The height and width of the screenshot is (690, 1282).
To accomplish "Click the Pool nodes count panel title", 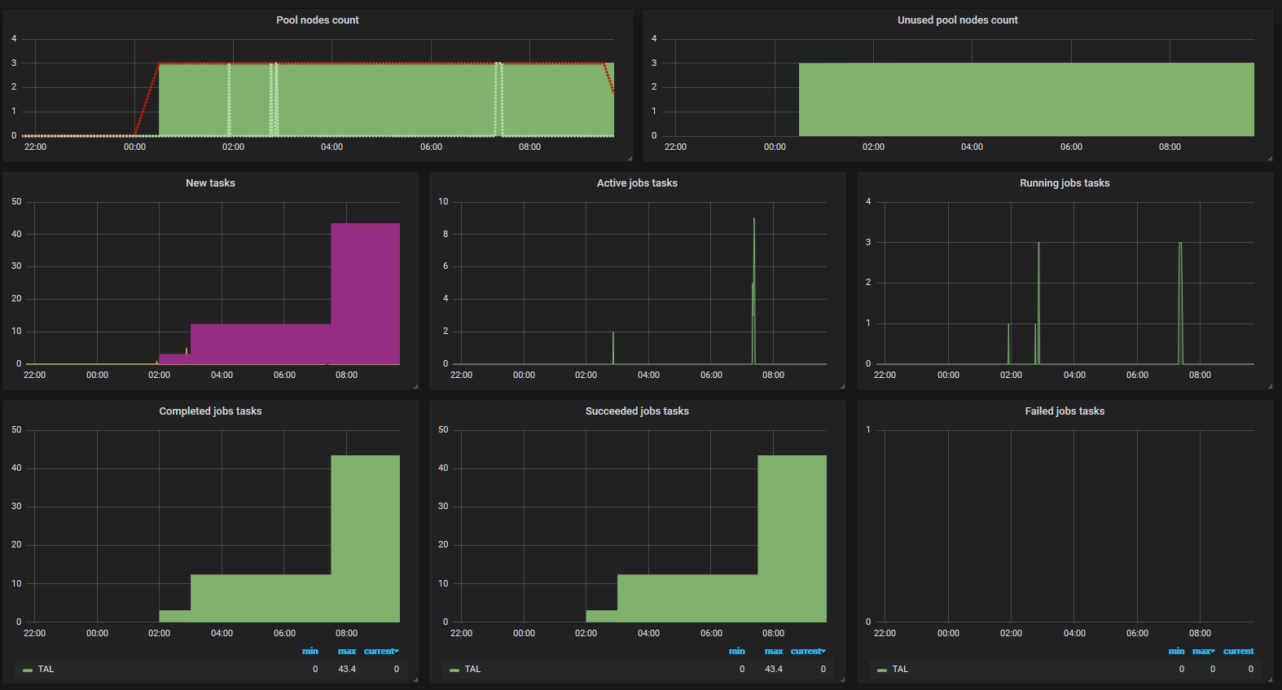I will (x=318, y=20).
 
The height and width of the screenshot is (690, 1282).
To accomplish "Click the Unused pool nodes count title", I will (x=957, y=20).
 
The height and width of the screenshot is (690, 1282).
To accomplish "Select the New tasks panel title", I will (x=210, y=183).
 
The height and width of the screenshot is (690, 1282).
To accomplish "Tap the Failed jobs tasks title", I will (x=1065, y=411).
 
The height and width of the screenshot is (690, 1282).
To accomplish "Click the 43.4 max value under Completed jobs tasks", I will (x=347, y=669).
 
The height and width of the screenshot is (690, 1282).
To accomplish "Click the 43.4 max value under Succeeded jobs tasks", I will (x=774, y=669).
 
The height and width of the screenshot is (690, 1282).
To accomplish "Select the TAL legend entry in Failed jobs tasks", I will (x=899, y=669).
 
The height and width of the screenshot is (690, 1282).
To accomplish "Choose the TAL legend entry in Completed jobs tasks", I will (x=46, y=669).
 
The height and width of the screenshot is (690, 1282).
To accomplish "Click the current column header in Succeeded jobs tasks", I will (x=807, y=651).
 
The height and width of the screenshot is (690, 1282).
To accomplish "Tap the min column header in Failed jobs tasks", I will (x=1176, y=651).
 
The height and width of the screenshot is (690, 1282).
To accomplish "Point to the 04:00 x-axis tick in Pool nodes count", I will (x=331, y=147).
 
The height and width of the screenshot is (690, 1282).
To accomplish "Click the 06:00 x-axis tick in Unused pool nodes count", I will (x=1071, y=147).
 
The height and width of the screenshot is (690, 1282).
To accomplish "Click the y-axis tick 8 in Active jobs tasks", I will (x=446, y=234).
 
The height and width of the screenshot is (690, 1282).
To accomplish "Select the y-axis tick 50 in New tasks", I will (x=16, y=201).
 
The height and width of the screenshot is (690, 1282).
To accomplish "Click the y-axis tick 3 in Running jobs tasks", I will (x=868, y=242).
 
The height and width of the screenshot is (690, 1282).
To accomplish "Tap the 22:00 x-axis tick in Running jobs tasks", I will (x=885, y=376).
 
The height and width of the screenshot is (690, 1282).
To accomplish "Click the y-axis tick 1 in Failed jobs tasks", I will (x=868, y=429).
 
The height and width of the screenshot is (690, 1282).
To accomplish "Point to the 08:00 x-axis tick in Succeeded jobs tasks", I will (x=773, y=633).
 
